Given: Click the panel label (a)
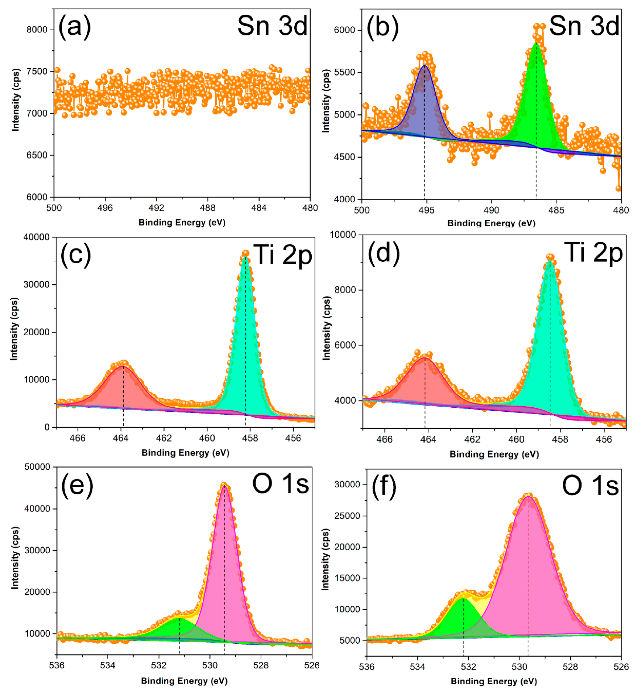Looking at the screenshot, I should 74,27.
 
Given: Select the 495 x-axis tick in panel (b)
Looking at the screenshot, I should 426,210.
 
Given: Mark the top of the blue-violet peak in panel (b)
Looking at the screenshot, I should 425,65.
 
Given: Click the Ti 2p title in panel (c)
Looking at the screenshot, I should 282,255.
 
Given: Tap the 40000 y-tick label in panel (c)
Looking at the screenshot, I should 36,237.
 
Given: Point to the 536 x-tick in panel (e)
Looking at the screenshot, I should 57,665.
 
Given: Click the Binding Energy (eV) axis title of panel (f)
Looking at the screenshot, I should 494,681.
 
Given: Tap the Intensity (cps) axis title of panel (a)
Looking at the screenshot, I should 15,100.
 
